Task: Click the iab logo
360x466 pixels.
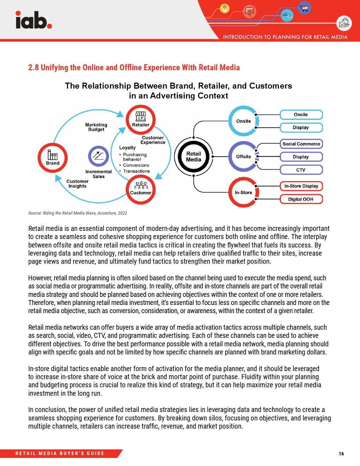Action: [34, 20]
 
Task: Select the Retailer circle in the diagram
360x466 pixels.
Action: [141, 119]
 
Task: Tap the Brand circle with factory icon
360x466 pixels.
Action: [53, 157]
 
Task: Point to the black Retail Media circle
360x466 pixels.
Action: [193, 156]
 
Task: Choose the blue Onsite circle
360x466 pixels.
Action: [243, 121]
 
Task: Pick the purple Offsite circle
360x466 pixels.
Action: [243, 156]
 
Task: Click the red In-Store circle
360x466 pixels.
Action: [243, 192]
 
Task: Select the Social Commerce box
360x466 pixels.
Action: [301, 144]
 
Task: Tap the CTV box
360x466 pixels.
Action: [301, 170]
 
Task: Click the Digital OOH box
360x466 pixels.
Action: [301, 199]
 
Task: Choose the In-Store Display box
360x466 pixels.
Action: [301, 186]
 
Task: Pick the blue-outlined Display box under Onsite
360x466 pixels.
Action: [301, 127]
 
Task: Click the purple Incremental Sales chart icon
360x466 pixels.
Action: [98, 156]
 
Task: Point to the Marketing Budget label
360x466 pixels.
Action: [96, 127]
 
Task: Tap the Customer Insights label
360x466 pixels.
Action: [77, 184]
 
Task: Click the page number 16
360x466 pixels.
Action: [341, 454]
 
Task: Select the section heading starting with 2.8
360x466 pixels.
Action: [134, 67]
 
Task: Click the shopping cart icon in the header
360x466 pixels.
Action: [304, 8]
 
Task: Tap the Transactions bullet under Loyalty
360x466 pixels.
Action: [136, 171]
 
